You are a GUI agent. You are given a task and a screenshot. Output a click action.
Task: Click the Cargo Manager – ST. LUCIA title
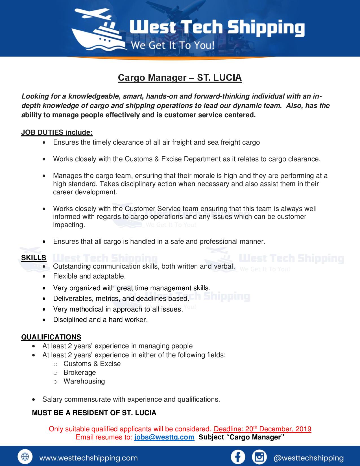point(180,77)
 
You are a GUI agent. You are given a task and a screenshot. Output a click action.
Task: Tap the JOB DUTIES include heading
point(57,132)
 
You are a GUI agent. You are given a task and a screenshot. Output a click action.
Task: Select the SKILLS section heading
point(34,258)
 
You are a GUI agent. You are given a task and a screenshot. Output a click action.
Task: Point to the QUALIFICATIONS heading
point(51,337)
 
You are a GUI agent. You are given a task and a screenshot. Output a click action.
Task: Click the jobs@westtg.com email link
point(164,437)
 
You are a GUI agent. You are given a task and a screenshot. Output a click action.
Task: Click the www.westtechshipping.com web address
point(88,458)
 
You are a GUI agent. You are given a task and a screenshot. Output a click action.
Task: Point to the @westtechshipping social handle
point(309,458)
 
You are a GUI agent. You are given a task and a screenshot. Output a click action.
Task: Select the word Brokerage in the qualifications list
point(80,373)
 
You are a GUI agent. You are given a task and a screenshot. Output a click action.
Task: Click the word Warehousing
point(84,381)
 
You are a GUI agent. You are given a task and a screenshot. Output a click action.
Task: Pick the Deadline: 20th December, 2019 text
point(262,429)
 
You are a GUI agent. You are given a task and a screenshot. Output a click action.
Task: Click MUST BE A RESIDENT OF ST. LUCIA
point(94,413)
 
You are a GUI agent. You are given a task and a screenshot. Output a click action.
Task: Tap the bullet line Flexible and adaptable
point(89,276)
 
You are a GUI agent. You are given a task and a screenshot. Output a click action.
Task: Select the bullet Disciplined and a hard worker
point(100,320)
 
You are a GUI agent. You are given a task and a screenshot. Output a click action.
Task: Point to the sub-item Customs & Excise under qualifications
point(92,364)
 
